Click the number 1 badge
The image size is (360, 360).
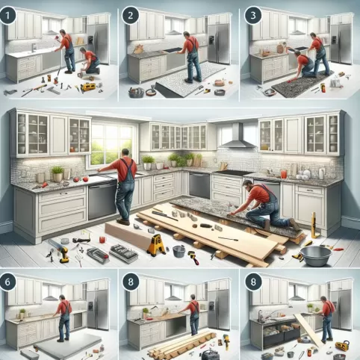click(7, 16)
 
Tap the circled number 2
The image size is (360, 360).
click(130, 16)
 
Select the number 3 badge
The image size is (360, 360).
click(253, 16)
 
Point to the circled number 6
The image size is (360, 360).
click(7, 282)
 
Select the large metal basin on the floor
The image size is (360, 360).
click(316, 256)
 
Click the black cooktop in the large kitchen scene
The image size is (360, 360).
click(232, 173)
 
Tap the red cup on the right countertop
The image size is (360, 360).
click(284, 174)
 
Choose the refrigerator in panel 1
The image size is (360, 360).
click(98, 43)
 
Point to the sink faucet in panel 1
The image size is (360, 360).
click(34, 48)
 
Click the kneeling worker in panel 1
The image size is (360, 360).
click(89, 61)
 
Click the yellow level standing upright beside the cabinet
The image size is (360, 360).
click(314, 225)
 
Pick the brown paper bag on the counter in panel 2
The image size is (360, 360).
click(138, 49)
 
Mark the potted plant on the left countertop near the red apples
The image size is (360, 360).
click(58, 173)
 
